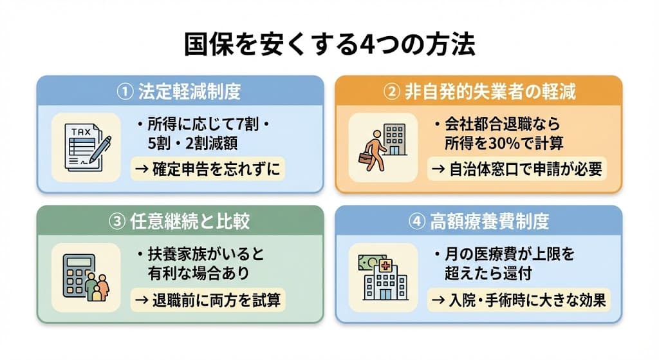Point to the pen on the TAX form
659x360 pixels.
pos(100,150)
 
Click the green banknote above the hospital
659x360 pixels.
pos(367,261)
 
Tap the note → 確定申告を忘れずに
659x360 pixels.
pos(207,169)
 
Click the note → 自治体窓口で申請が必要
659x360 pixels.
pos(517,169)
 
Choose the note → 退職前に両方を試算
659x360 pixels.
pos(207,299)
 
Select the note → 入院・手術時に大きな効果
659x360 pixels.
pos(517,299)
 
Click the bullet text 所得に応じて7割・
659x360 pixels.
pos(201,124)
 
